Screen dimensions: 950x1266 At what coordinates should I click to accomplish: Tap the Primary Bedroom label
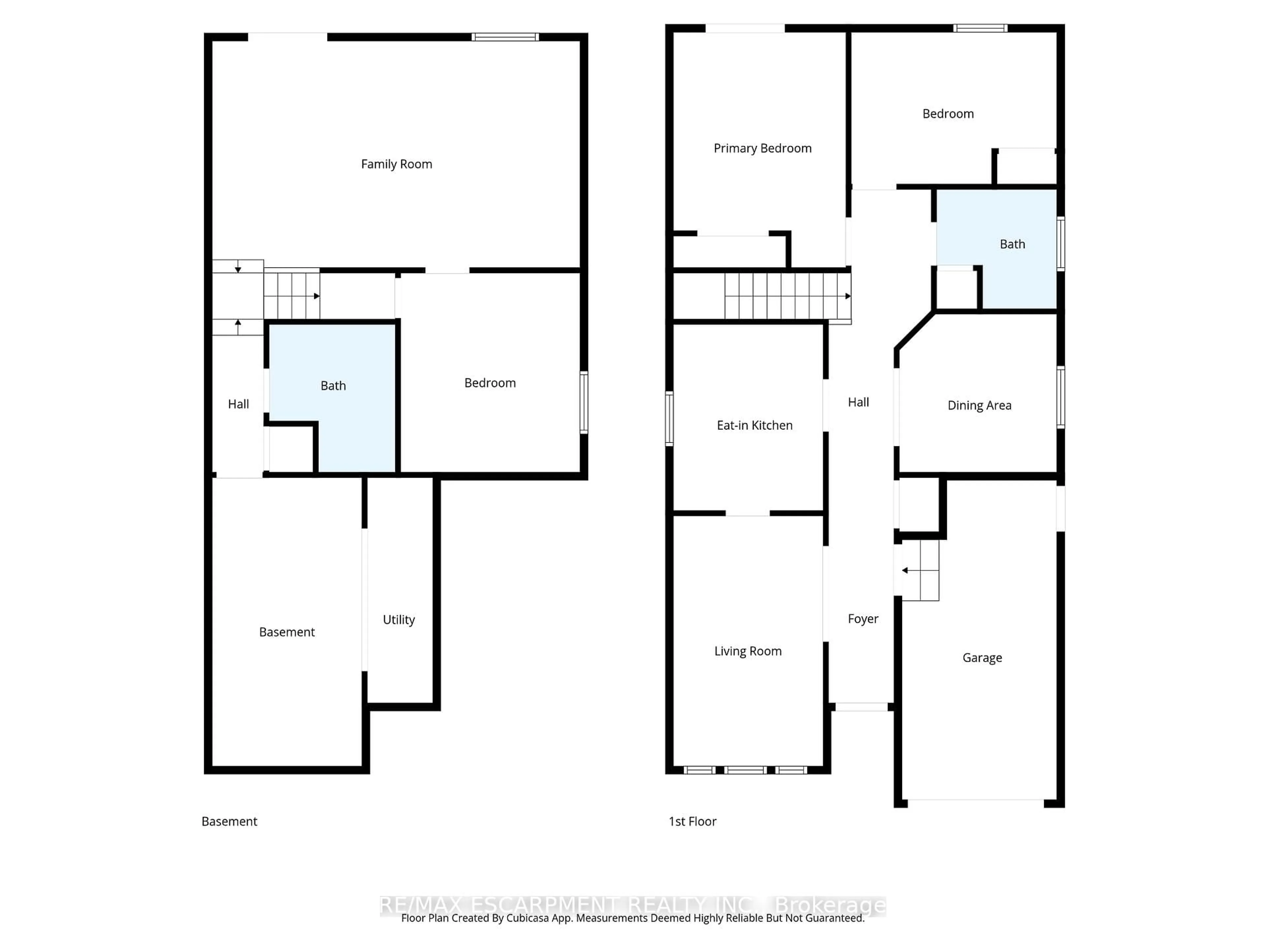tap(762, 148)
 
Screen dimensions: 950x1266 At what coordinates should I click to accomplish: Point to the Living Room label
tap(747, 651)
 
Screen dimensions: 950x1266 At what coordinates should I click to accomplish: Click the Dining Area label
tap(979, 405)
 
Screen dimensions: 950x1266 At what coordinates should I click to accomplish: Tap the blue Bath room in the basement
tap(333, 386)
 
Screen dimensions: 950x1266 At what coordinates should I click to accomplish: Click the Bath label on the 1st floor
tap(1012, 244)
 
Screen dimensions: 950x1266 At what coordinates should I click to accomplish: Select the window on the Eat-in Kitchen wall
tap(669, 418)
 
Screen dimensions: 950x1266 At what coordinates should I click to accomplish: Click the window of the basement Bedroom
tap(584, 402)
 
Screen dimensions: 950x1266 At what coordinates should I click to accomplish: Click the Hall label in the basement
tap(238, 404)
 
